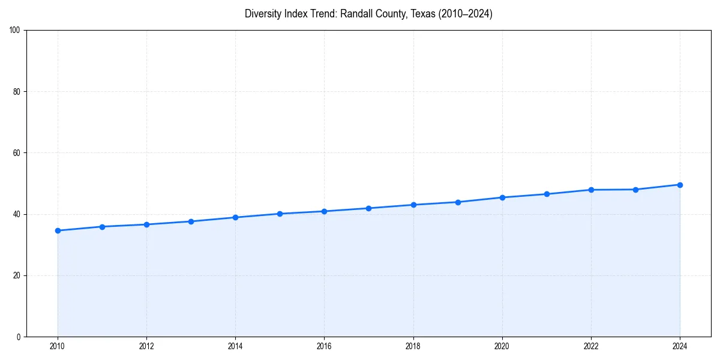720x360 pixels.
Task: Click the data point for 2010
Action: coord(58,230)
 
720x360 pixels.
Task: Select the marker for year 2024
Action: coord(680,185)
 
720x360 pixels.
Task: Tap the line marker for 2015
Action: coord(280,214)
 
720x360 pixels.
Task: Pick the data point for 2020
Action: coord(502,197)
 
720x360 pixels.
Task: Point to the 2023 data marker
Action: coord(635,190)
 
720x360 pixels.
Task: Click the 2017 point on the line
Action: coord(368,208)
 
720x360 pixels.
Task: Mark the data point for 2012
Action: coord(146,224)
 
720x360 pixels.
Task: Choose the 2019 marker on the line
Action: coord(458,202)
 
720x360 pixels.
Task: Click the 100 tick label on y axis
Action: coord(16,30)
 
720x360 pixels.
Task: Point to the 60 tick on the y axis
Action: coord(17,153)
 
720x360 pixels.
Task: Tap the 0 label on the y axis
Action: coord(19,337)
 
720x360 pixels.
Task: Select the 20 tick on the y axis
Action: coord(17,275)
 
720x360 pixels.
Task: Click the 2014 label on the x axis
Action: coord(235,346)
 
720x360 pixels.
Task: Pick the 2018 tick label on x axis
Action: coord(413,346)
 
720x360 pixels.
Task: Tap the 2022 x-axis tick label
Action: coord(591,346)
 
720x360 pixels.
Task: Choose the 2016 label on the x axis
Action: coord(324,346)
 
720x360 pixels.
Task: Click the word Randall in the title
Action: coord(356,14)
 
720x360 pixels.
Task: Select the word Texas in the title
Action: coord(424,14)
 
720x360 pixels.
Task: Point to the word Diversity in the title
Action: coord(263,14)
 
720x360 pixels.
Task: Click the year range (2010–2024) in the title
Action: coord(466,14)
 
